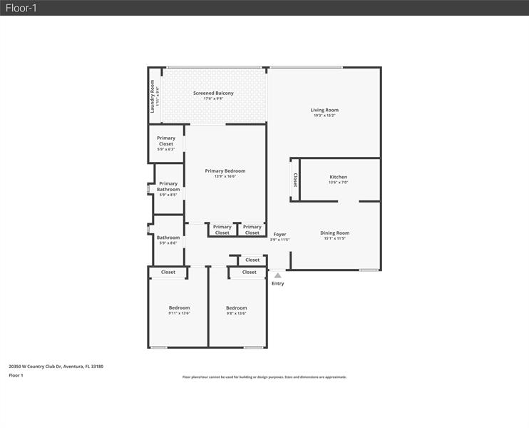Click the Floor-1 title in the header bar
pyautogui.click(x=21, y=8)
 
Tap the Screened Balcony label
pyautogui.click(x=213, y=93)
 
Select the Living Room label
pyautogui.click(x=324, y=110)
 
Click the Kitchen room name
pyautogui.click(x=338, y=177)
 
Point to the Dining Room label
pyautogui.click(x=334, y=233)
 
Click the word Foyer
pyautogui.click(x=279, y=234)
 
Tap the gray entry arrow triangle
pyautogui.click(x=277, y=275)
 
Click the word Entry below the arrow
pyautogui.click(x=277, y=284)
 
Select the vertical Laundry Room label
pyautogui.click(x=153, y=96)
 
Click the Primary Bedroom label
pyautogui.click(x=225, y=171)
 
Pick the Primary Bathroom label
pyautogui.click(x=168, y=186)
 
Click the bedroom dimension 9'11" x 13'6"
pyautogui.click(x=179, y=313)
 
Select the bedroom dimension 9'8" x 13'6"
pyautogui.click(x=236, y=313)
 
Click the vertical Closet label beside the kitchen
pyautogui.click(x=294, y=180)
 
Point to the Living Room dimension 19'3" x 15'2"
pyautogui.click(x=324, y=116)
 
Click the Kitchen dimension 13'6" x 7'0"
pyautogui.click(x=338, y=183)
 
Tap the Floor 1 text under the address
pyautogui.click(x=16, y=375)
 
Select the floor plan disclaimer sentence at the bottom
pyautogui.click(x=264, y=377)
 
